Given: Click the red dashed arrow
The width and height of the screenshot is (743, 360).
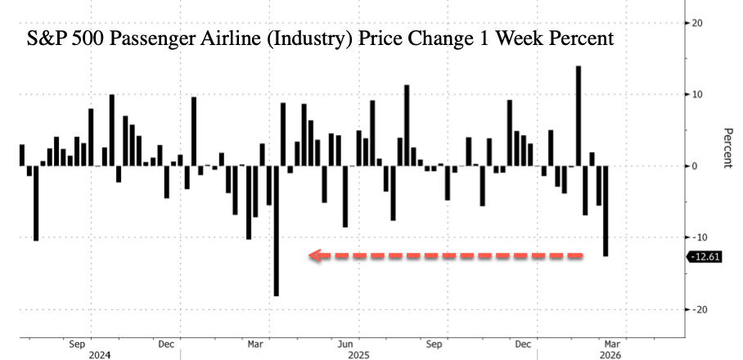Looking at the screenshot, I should [446, 256].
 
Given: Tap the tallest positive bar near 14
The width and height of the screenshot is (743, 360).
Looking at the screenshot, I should [579, 115].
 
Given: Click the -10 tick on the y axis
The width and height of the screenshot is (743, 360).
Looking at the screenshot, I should [700, 237].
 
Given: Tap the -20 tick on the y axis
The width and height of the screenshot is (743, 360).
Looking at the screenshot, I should [700, 309].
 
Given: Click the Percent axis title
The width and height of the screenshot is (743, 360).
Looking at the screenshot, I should [726, 148].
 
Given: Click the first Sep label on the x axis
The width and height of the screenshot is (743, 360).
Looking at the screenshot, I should [79, 344].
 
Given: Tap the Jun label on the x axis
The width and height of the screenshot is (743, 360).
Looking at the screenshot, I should [346, 344].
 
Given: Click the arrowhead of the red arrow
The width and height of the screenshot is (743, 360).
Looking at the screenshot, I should [316, 256].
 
